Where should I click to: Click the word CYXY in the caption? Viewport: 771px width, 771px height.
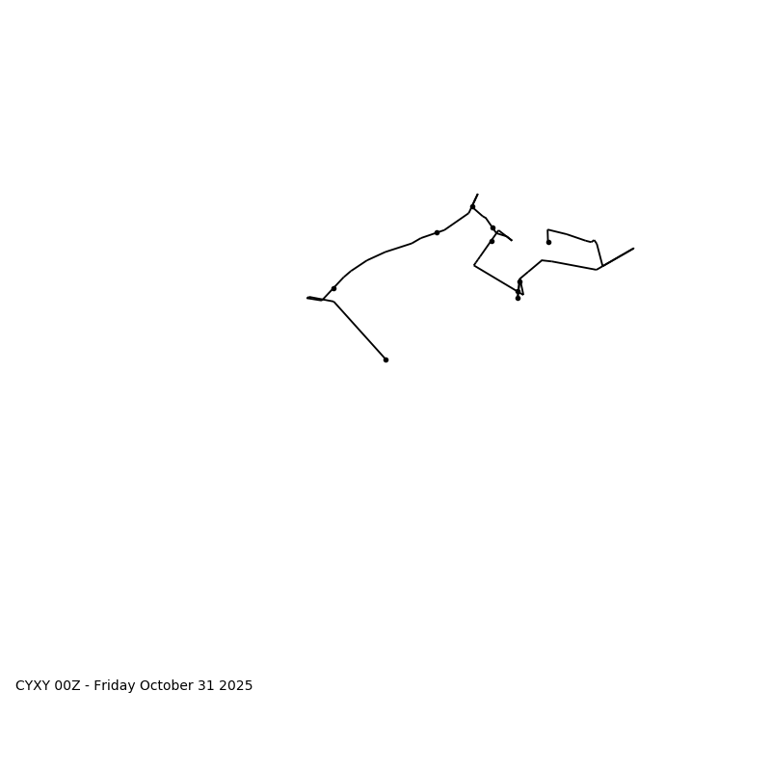[33, 686]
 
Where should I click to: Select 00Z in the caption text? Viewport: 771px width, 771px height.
[67, 686]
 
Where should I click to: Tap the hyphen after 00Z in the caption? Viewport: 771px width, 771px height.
[88, 686]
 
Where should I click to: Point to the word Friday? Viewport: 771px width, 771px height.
[115, 686]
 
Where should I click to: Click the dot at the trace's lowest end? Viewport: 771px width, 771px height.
[385, 359]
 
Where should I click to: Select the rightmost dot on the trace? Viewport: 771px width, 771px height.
[548, 242]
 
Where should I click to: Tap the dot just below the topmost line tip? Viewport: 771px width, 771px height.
[472, 206]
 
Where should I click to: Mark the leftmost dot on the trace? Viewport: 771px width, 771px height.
[333, 288]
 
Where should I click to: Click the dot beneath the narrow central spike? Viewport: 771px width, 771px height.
[518, 298]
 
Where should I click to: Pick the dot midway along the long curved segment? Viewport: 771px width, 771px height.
[437, 232]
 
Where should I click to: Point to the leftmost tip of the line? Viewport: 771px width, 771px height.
[307, 298]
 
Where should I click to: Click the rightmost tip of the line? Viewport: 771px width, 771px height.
[633, 249]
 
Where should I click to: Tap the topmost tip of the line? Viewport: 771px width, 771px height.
[477, 194]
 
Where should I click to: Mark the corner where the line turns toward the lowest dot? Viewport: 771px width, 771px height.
[333, 302]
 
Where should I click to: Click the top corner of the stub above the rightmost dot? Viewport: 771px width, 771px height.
[548, 229]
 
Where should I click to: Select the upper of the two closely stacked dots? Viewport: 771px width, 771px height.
[492, 228]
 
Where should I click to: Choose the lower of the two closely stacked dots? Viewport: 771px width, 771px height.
[492, 241]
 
